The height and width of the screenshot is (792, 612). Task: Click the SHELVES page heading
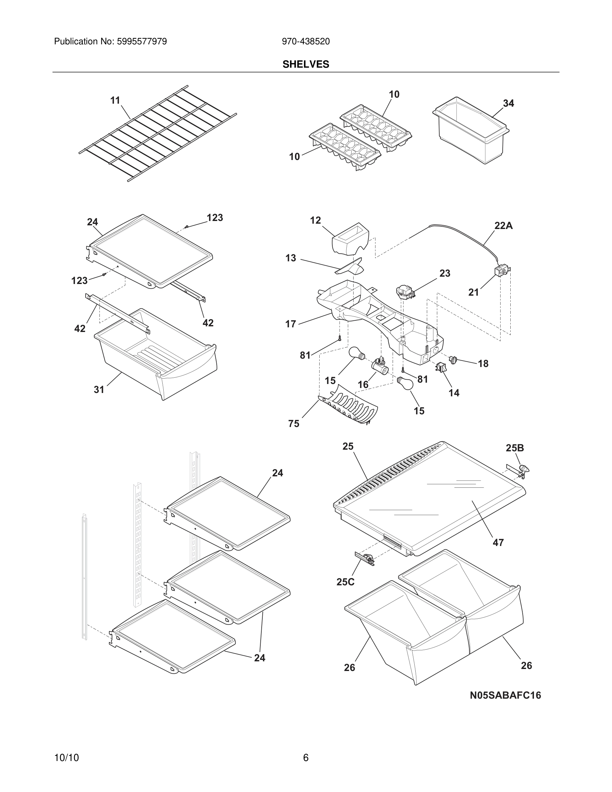[x=306, y=64]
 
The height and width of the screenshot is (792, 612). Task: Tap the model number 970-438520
[x=306, y=42]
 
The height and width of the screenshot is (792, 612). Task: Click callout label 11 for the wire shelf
[x=115, y=100]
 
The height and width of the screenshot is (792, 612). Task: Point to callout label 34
[x=508, y=103]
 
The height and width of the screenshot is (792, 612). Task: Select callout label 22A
[x=503, y=226]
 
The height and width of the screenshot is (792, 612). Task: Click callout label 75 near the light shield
[x=294, y=424]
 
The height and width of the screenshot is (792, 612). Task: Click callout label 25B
[x=514, y=448]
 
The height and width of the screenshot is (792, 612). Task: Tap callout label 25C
[x=345, y=582]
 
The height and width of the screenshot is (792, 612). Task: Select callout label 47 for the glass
[x=498, y=543]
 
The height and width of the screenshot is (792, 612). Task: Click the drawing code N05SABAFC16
[x=505, y=695]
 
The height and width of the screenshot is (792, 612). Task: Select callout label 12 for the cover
[x=315, y=220]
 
